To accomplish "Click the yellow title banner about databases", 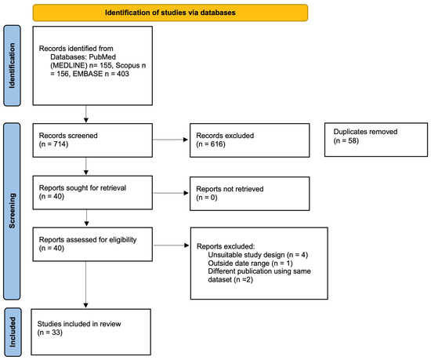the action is pyautogui.click(x=170, y=13).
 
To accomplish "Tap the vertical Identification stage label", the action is pyautogui.click(x=12, y=65).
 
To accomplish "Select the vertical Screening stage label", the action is pyautogui.click(x=12, y=211).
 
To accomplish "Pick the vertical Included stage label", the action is pyautogui.click(x=13, y=332).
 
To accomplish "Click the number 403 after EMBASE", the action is pyautogui.click(x=122, y=74).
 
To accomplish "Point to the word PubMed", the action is pyautogui.click(x=102, y=57).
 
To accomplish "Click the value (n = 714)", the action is pyautogui.click(x=53, y=144).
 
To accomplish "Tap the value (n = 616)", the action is pyautogui.click(x=211, y=144).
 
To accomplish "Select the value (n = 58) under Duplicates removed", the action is pyautogui.click(x=346, y=141).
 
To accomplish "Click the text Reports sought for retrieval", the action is pyautogui.click(x=82, y=187).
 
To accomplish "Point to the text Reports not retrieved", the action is pyautogui.click(x=230, y=189).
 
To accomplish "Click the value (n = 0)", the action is pyautogui.click(x=207, y=198).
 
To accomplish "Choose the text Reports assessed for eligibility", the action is pyautogui.click(x=88, y=239).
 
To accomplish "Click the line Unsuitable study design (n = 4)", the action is pyautogui.click(x=258, y=255).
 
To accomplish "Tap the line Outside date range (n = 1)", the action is pyautogui.click(x=250, y=264).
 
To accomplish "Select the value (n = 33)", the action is pyautogui.click(x=49, y=333).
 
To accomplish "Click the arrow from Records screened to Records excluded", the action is pyautogui.click(x=170, y=140).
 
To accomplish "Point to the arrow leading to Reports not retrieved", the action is pyautogui.click(x=171, y=193).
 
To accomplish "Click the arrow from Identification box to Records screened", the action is pyautogui.click(x=86, y=114).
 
